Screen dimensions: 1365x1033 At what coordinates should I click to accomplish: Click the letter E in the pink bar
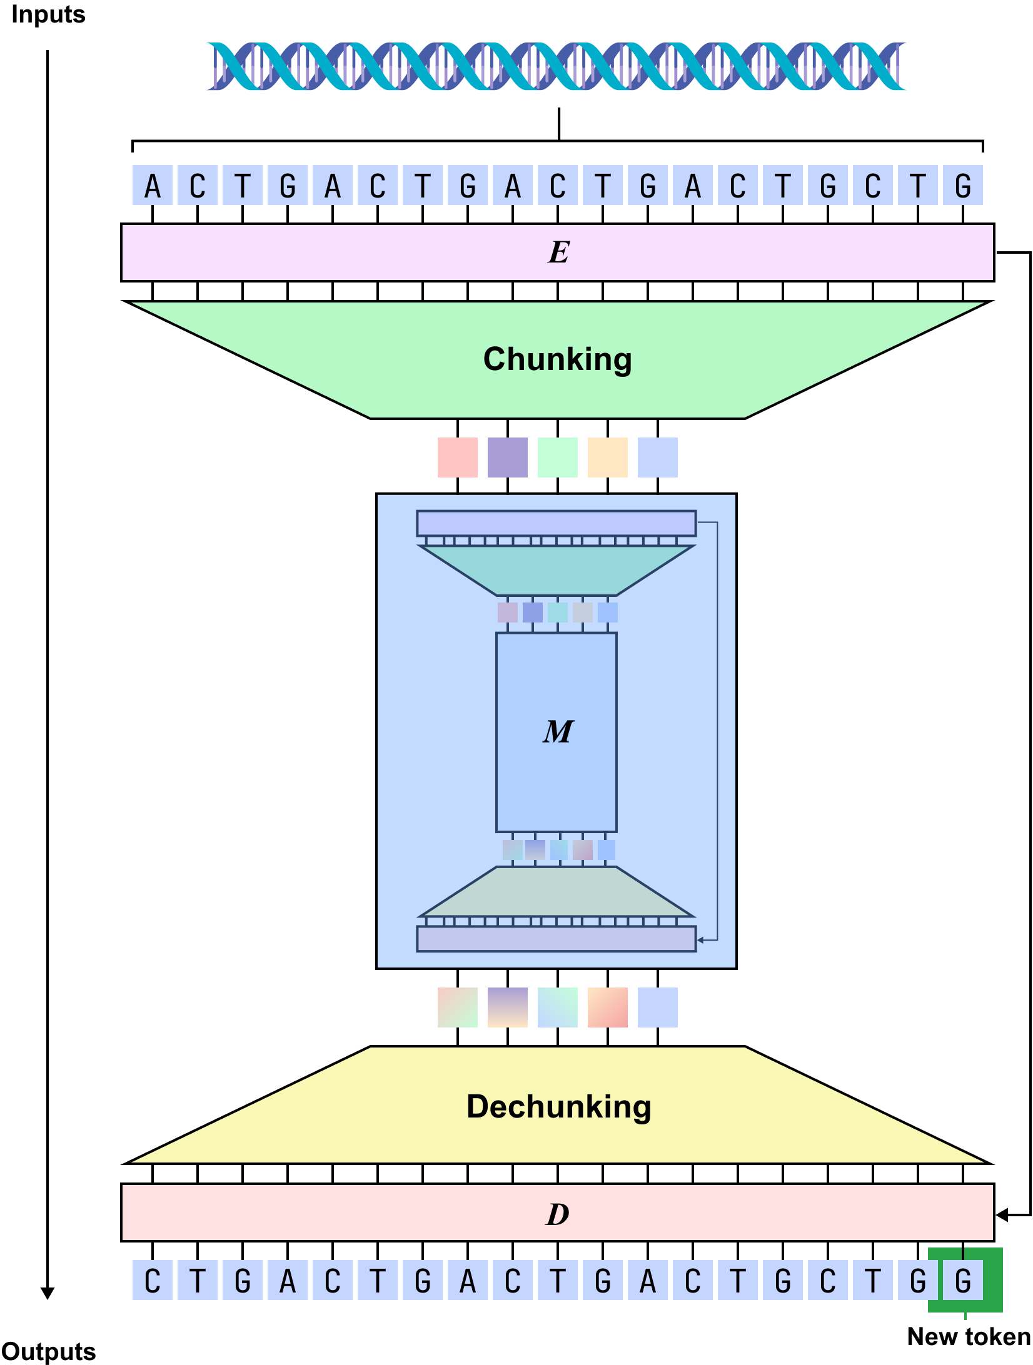coord(558,252)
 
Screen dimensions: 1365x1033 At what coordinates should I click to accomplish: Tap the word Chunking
coord(557,359)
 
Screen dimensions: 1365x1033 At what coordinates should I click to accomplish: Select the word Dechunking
coord(558,1107)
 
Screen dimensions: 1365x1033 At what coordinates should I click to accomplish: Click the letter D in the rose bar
coord(557,1214)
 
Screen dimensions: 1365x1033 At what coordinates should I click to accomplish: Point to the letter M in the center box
coord(557,731)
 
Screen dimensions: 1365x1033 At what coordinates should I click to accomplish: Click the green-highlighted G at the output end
coord(963,1281)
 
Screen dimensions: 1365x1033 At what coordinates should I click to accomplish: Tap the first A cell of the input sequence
coord(153,186)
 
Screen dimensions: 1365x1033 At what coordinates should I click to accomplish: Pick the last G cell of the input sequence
coord(963,186)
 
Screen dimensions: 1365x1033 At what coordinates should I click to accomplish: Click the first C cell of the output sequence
coord(153,1281)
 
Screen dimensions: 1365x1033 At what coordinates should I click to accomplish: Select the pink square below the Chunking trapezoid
coord(458,457)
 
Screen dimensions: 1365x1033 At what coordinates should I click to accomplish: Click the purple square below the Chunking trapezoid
coord(508,457)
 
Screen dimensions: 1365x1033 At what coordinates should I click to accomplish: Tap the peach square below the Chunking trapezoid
coord(608,457)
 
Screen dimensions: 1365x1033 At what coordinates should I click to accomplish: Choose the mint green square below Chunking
coord(558,457)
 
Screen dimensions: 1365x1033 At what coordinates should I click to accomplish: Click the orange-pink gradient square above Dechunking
coord(608,1007)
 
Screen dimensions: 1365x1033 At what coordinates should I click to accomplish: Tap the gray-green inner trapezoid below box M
coord(557,892)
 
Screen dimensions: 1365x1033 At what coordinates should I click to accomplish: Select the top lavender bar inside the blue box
coord(557,523)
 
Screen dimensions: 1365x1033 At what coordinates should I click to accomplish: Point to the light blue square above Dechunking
coord(658,1007)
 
